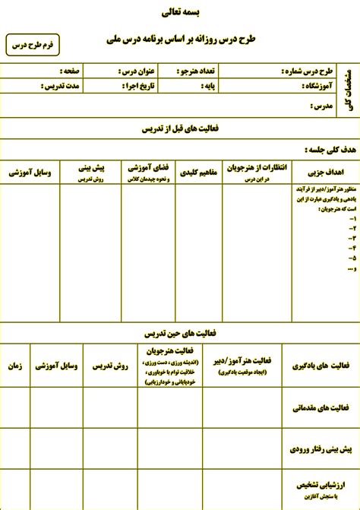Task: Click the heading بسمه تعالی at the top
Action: pos(179,13)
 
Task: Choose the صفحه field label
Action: pos(72,72)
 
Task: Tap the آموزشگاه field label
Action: pos(309,87)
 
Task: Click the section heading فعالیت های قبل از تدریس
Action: pos(180,129)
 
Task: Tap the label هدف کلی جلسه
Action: pos(317,150)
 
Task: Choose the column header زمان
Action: pos(14,365)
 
